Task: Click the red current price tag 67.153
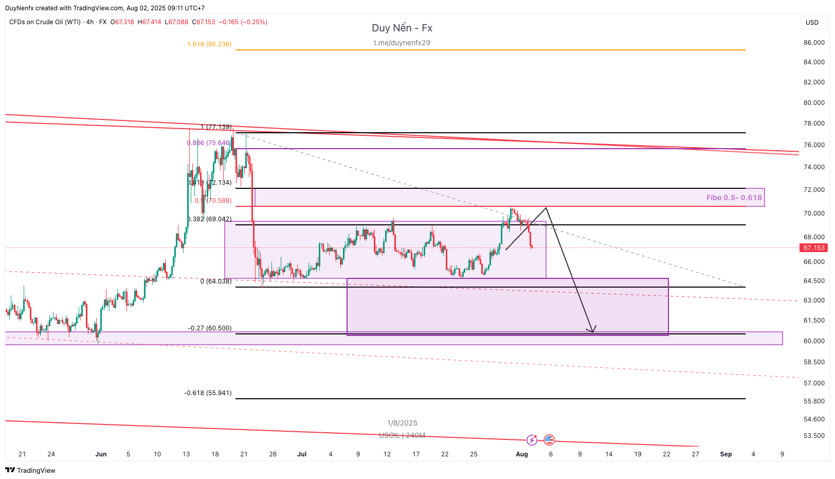coord(814,248)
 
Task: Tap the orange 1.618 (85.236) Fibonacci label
coord(209,44)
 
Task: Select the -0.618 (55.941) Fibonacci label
coord(208,393)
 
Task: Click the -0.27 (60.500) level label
coord(210,328)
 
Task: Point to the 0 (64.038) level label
coord(216,281)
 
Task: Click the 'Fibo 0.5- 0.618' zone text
coord(734,198)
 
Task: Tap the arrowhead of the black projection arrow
coord(593,330)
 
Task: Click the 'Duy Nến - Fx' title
coord(402,28)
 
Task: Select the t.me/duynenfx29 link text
coord(402,43)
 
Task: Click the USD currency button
coord(812,23)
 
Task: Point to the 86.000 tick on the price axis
coord(814,43)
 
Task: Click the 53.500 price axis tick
coord(814,436)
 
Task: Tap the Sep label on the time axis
coord(725,454)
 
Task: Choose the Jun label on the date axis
coord(101,454)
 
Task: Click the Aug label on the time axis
coord(522,454)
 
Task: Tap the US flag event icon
coord(549,439)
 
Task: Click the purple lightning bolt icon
coord(532,440)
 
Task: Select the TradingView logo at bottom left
coord(30,470)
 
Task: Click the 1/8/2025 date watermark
coord(402,423)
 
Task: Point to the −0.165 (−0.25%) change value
coord(243,22)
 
